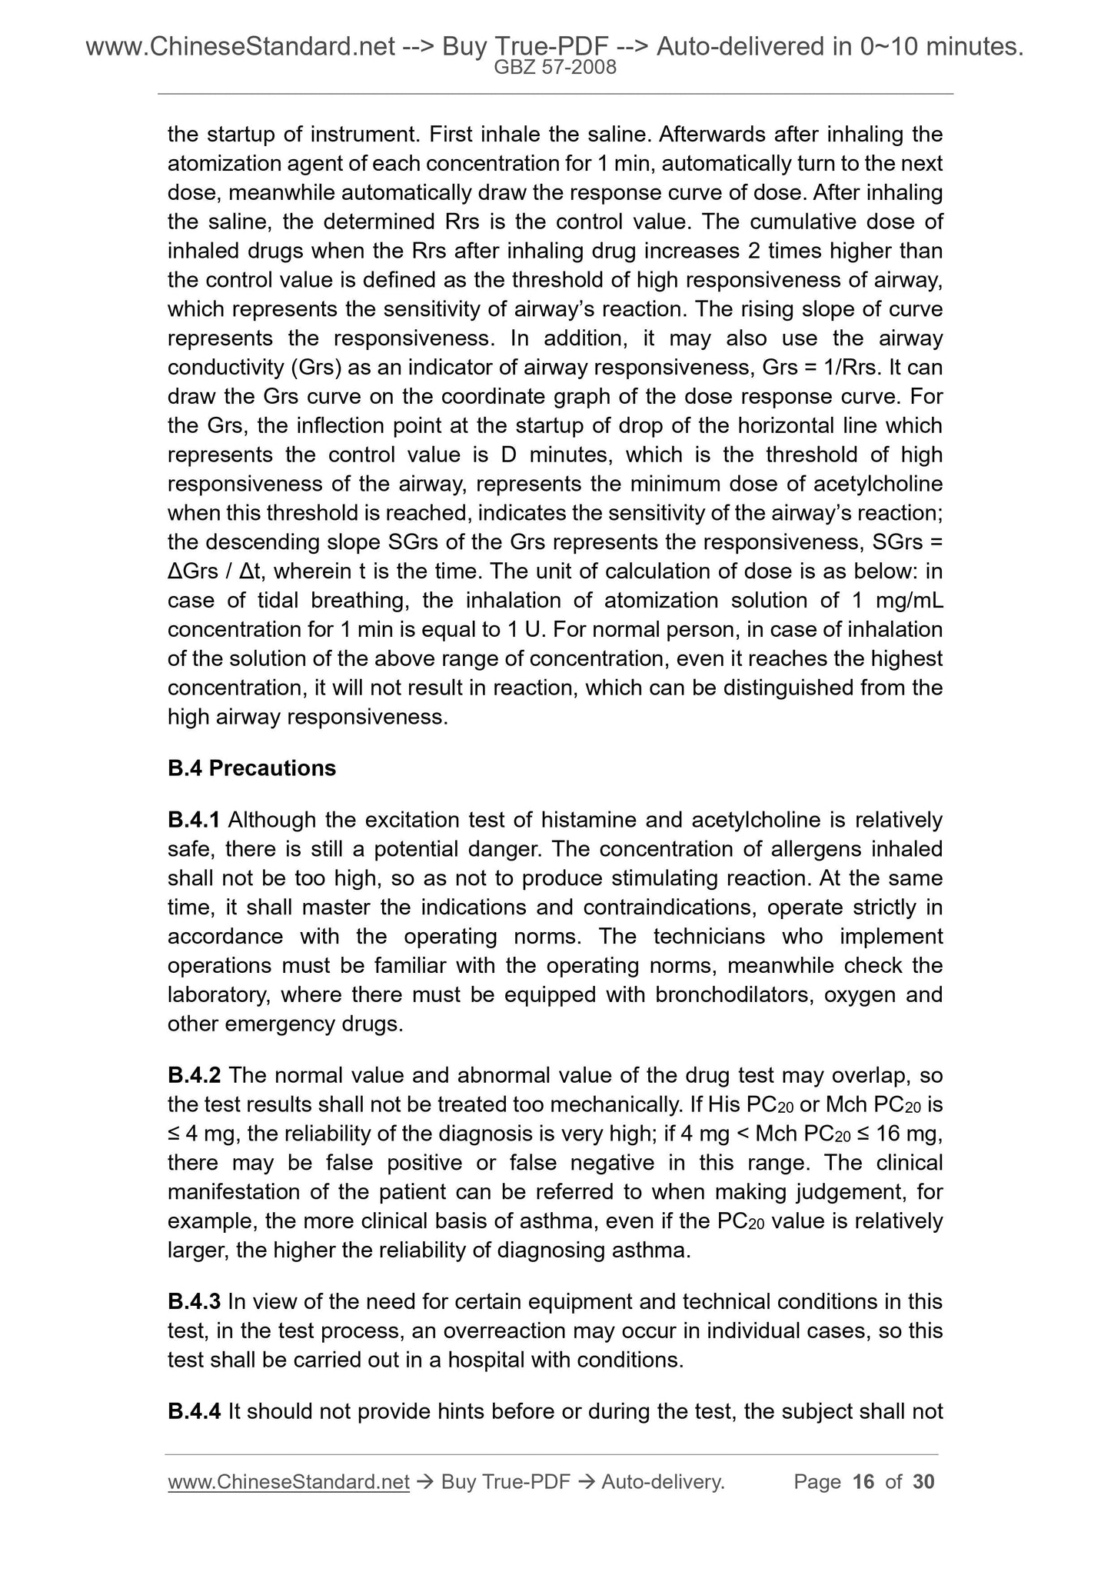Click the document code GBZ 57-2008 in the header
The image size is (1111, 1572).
coord(554,68)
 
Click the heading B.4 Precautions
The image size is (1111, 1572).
coord(251,768)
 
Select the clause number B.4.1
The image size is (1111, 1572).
coord(195,821)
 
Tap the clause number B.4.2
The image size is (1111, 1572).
coord(195,1075)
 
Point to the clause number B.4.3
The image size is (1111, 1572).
coord(195,1302)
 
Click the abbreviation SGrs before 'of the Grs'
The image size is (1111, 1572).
coord(408,542)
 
